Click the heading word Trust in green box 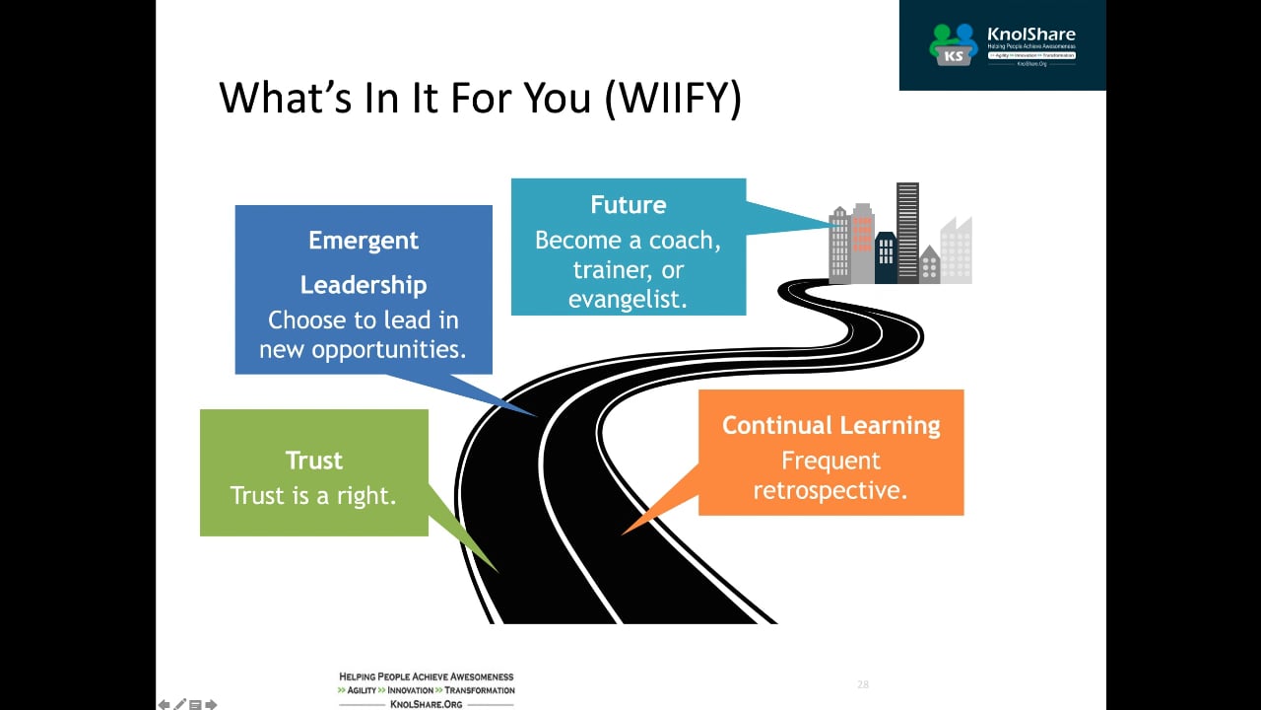point(314,461)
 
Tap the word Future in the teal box point(629,205)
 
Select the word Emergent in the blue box point(364,241)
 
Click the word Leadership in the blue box point(364,285)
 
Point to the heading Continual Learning point(830,426)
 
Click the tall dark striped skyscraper point(907,233)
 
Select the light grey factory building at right point(956,252)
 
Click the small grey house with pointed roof point(929,266)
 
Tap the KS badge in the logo point(953,56)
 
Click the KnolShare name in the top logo point(1030,34)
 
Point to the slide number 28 point(863,684)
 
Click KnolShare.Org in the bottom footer point(426,704)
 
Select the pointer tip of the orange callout point(624,533)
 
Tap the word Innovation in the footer point(410,690)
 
